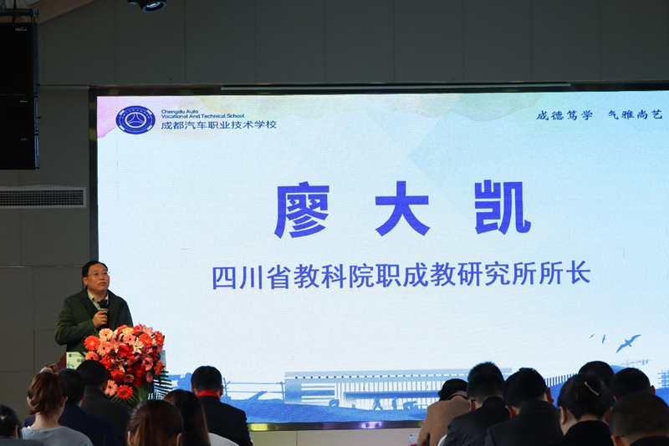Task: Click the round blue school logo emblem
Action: click(135, 119)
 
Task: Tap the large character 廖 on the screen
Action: click(302, 210)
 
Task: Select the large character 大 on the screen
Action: click(402, 209)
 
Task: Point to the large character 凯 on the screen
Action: click(503, 208)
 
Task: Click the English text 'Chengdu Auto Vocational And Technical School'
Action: click(202, 114)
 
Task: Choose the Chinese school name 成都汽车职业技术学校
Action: click(218, 124)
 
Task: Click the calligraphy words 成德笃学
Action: click(564, 115)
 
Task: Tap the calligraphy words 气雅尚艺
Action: click(636, 114)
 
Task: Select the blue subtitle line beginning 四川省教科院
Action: click(401, 275)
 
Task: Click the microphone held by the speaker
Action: click(103, 308)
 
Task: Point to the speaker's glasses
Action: click(99, 274)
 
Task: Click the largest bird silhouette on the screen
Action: click(629, 342)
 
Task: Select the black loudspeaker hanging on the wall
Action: click(18, 95)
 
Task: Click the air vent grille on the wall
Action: click(43, 197)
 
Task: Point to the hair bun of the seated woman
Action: click(49, 368)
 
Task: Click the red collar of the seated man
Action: click(207, 394)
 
